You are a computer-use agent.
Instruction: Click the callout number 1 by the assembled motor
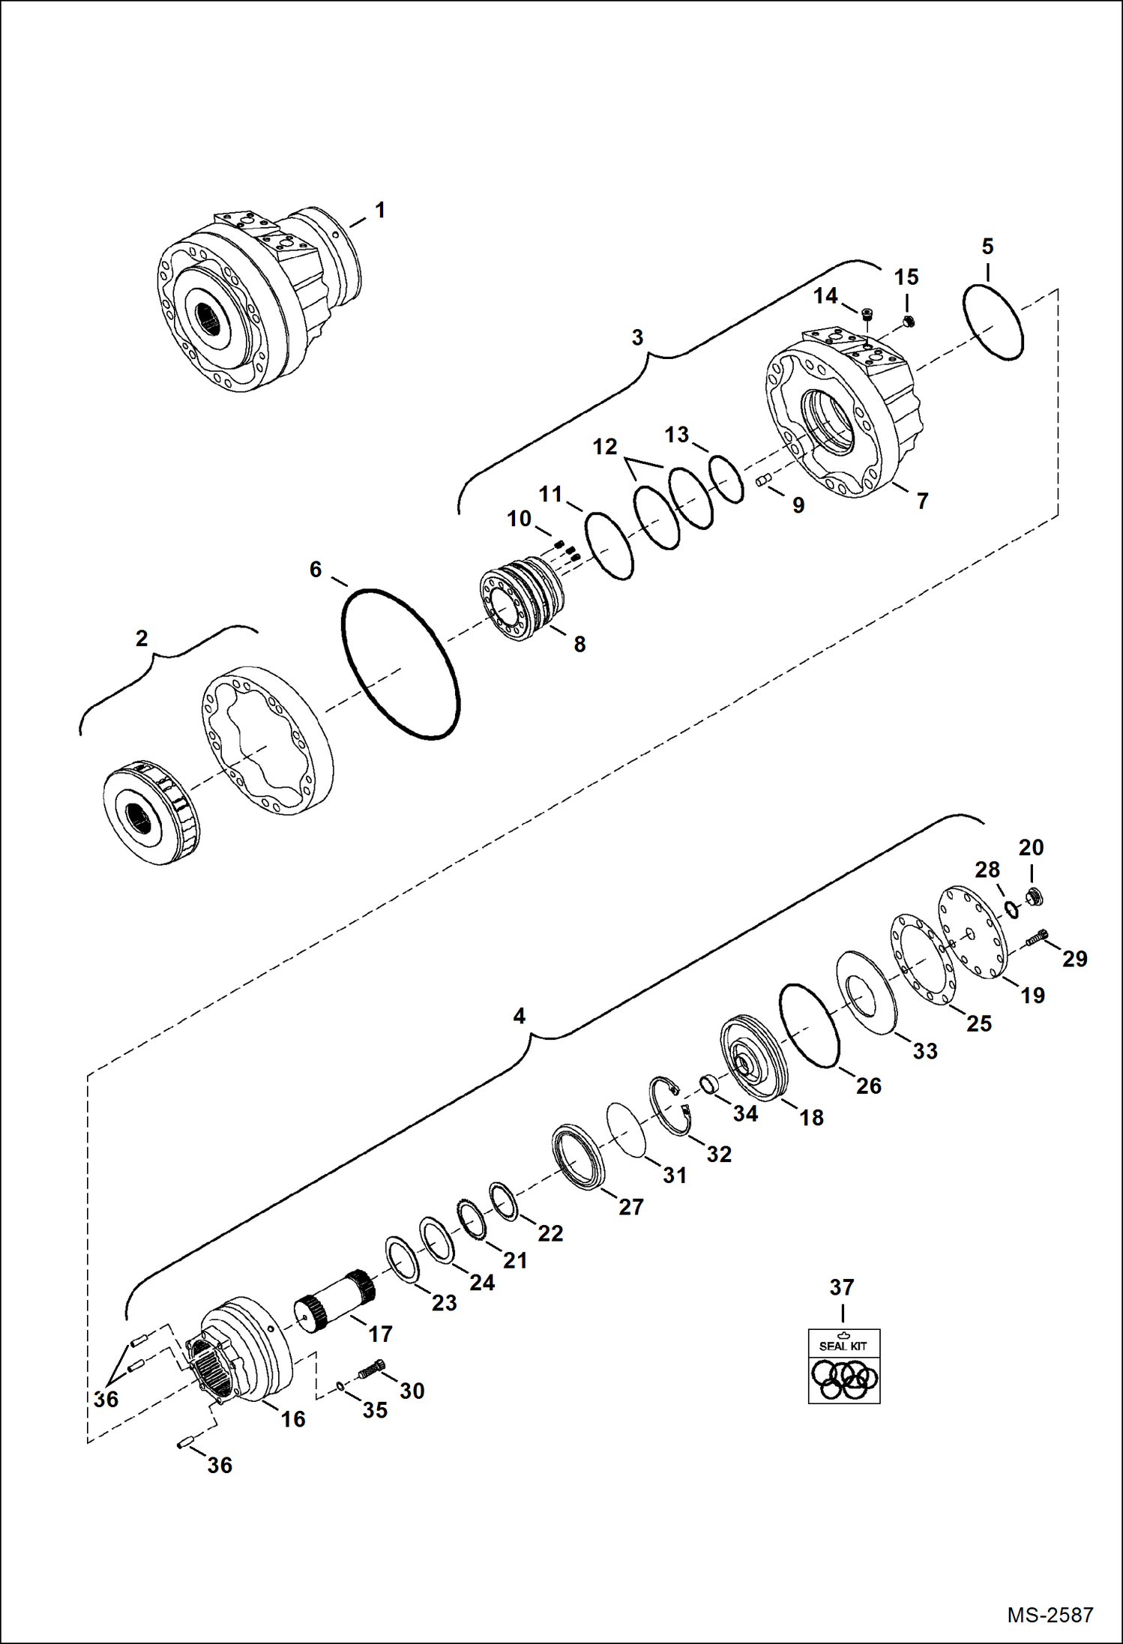pos(380,211)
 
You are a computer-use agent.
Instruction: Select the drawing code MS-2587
pos(1050,1614)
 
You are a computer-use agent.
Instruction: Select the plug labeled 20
pos(1035,896)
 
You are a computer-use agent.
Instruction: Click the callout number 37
pos(842,1288)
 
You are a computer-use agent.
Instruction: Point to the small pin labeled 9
pos(764,481)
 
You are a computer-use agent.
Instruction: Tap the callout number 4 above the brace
pos(519,1017)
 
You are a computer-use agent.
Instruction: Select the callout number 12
pos(604,447)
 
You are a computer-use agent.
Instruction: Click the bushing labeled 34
pos(709,1083)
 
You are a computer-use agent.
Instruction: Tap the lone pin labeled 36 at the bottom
pos(187,1443)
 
